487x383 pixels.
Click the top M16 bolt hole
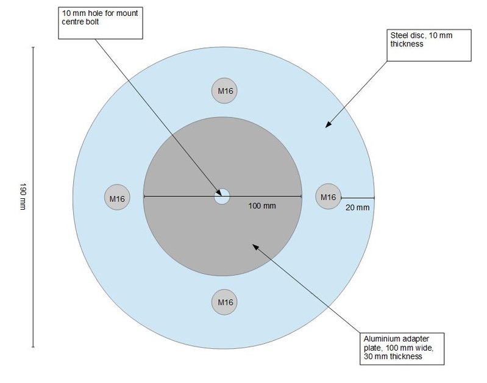point(223,91)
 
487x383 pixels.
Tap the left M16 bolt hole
point(117,198)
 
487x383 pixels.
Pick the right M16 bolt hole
point(328,197)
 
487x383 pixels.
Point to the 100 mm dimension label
point(262,206)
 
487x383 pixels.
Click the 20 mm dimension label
point(358,208)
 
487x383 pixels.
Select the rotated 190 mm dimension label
point(23,197)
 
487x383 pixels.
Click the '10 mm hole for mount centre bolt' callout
point(102,22)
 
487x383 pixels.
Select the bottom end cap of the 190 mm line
point(33,347)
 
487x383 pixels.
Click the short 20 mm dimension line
point(358,198)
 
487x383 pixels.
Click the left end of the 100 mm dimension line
point(144,196)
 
